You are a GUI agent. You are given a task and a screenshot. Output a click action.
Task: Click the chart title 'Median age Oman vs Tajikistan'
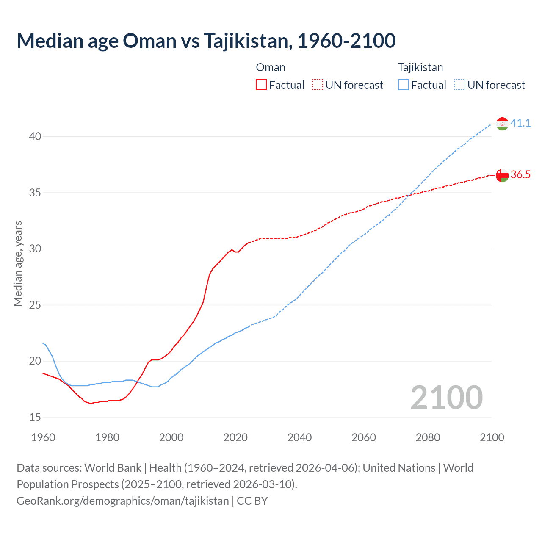[x=206, y=41]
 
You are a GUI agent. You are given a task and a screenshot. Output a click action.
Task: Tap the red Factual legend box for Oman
[x=261, y=85]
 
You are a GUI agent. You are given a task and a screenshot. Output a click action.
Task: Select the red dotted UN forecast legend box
[x=318, y=85]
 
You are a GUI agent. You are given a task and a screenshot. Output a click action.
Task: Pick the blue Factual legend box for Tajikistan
[x=404, y=85]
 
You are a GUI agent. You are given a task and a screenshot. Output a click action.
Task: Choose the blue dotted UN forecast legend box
[x=460, y=85]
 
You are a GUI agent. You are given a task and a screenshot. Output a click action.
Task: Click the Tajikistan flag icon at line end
[x=502, y=124]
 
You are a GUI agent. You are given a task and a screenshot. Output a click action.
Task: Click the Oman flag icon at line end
[x=502, y=175]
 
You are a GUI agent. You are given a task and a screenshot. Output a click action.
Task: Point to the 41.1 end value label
[x=520, y=123]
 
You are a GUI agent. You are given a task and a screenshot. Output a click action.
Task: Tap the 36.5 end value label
[x=520, y=174]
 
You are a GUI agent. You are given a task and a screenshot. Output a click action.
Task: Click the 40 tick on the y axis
[x=35, y=136]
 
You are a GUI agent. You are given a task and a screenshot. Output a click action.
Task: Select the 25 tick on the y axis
[x=35, y=305]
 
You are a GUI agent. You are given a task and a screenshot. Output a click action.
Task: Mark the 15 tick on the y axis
[x=35, y=417]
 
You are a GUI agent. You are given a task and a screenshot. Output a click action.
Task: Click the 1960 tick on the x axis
[x=43, y=437]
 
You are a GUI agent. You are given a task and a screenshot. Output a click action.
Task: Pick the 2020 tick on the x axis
[x=235, y=437]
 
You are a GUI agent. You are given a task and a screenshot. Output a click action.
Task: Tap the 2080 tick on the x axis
[x=428, y=437]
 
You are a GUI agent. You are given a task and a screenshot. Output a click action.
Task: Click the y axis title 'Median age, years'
[x=18, y=263]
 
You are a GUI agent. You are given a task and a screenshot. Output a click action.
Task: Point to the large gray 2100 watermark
[x=446, y=397]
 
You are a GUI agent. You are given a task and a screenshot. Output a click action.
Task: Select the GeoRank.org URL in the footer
[x=123, y=501]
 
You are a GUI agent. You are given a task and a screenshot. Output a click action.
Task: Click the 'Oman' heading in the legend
[x=271, y=67]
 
